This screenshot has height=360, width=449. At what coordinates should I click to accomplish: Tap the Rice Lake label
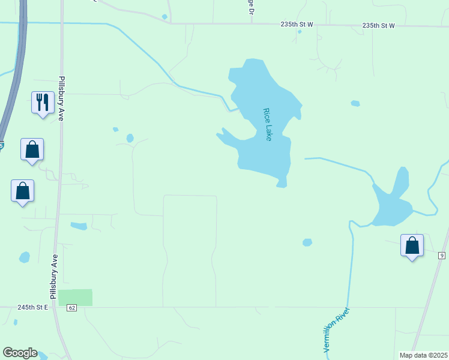coord(268,124)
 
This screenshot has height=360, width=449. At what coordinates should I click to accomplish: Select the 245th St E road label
coord(33,307)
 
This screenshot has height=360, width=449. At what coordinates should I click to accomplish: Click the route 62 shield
coord(72,308)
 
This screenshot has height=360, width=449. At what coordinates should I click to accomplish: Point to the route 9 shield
coord(442,256)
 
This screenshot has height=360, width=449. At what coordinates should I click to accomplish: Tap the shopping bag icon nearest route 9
coord(412,245)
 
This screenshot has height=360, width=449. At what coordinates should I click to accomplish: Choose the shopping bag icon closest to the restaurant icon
coord(32,149)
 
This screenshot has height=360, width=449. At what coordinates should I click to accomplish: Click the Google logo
coord(20,353)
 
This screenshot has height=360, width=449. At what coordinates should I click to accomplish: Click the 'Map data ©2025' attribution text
coord(423,355)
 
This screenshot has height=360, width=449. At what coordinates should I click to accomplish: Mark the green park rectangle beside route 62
coord(76,297)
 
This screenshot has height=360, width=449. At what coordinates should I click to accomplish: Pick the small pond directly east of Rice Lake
coord(355,103)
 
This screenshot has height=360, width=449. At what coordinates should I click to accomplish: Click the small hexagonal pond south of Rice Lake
coord(307,242)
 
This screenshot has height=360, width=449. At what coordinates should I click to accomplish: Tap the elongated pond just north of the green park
coord(79,226)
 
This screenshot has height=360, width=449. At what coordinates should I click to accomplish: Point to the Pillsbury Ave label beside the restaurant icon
coord(61,99)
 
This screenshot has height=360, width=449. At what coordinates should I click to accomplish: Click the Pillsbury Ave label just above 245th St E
coord(54,276)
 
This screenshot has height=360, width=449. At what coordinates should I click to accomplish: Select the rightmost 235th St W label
coord(378,26)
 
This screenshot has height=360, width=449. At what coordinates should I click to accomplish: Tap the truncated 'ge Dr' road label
coord(250,12)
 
